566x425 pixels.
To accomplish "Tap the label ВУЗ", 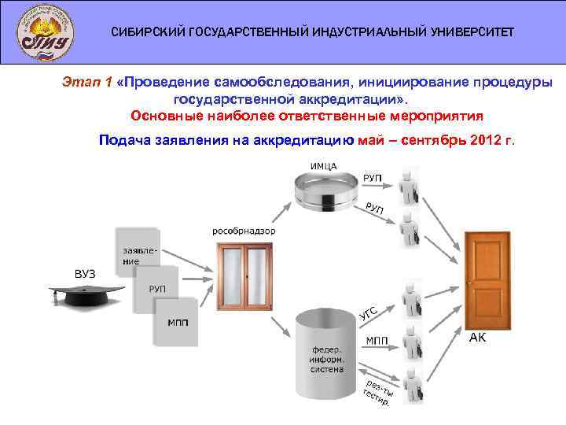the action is tap(84, 273).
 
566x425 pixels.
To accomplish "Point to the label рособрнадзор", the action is tap(244, 231).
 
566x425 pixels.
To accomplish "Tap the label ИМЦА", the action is tap(323, 166).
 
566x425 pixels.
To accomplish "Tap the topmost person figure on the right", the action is tap(410, 184).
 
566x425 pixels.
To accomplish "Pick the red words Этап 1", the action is tap(87, 82).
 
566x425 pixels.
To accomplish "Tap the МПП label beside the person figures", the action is tap(377, 340).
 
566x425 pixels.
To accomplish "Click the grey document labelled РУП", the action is tap(157, 287).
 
